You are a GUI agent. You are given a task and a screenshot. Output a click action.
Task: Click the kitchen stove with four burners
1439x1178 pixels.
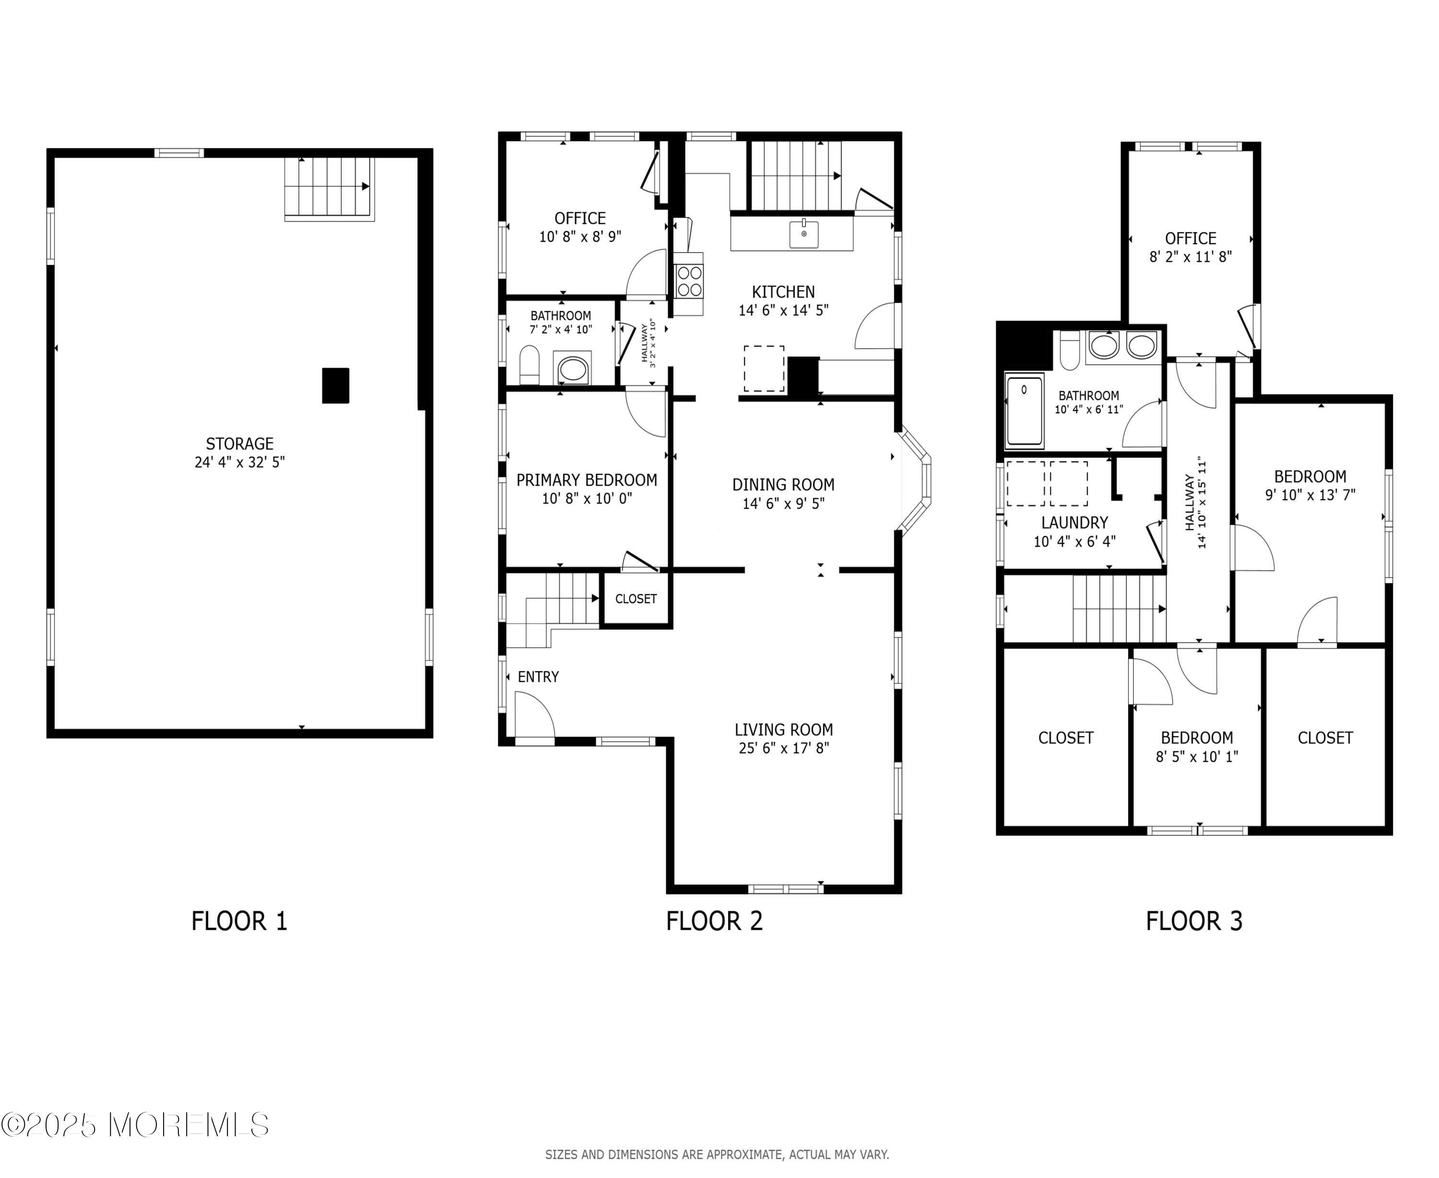689,281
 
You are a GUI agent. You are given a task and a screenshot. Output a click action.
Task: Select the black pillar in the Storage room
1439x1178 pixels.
335,385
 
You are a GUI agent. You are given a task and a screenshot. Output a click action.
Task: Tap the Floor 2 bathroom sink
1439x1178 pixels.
572,369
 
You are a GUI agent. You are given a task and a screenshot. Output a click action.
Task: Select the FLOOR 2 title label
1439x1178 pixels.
714,921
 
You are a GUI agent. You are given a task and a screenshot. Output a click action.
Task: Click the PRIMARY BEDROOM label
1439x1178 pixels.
587,480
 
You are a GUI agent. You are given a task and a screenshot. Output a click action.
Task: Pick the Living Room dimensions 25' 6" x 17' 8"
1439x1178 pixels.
784,748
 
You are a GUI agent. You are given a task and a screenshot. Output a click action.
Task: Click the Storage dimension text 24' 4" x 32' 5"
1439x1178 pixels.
240,462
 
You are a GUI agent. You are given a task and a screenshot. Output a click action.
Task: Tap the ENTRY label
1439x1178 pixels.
538,676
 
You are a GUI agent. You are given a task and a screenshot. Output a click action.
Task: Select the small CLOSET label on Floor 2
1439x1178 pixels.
636,598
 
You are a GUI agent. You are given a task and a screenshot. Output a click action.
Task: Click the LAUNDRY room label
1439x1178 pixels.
1074,523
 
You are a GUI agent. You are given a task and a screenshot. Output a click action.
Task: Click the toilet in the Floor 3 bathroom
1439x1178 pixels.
1070,350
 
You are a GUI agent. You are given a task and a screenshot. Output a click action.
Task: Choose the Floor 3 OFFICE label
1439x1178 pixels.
1191,239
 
